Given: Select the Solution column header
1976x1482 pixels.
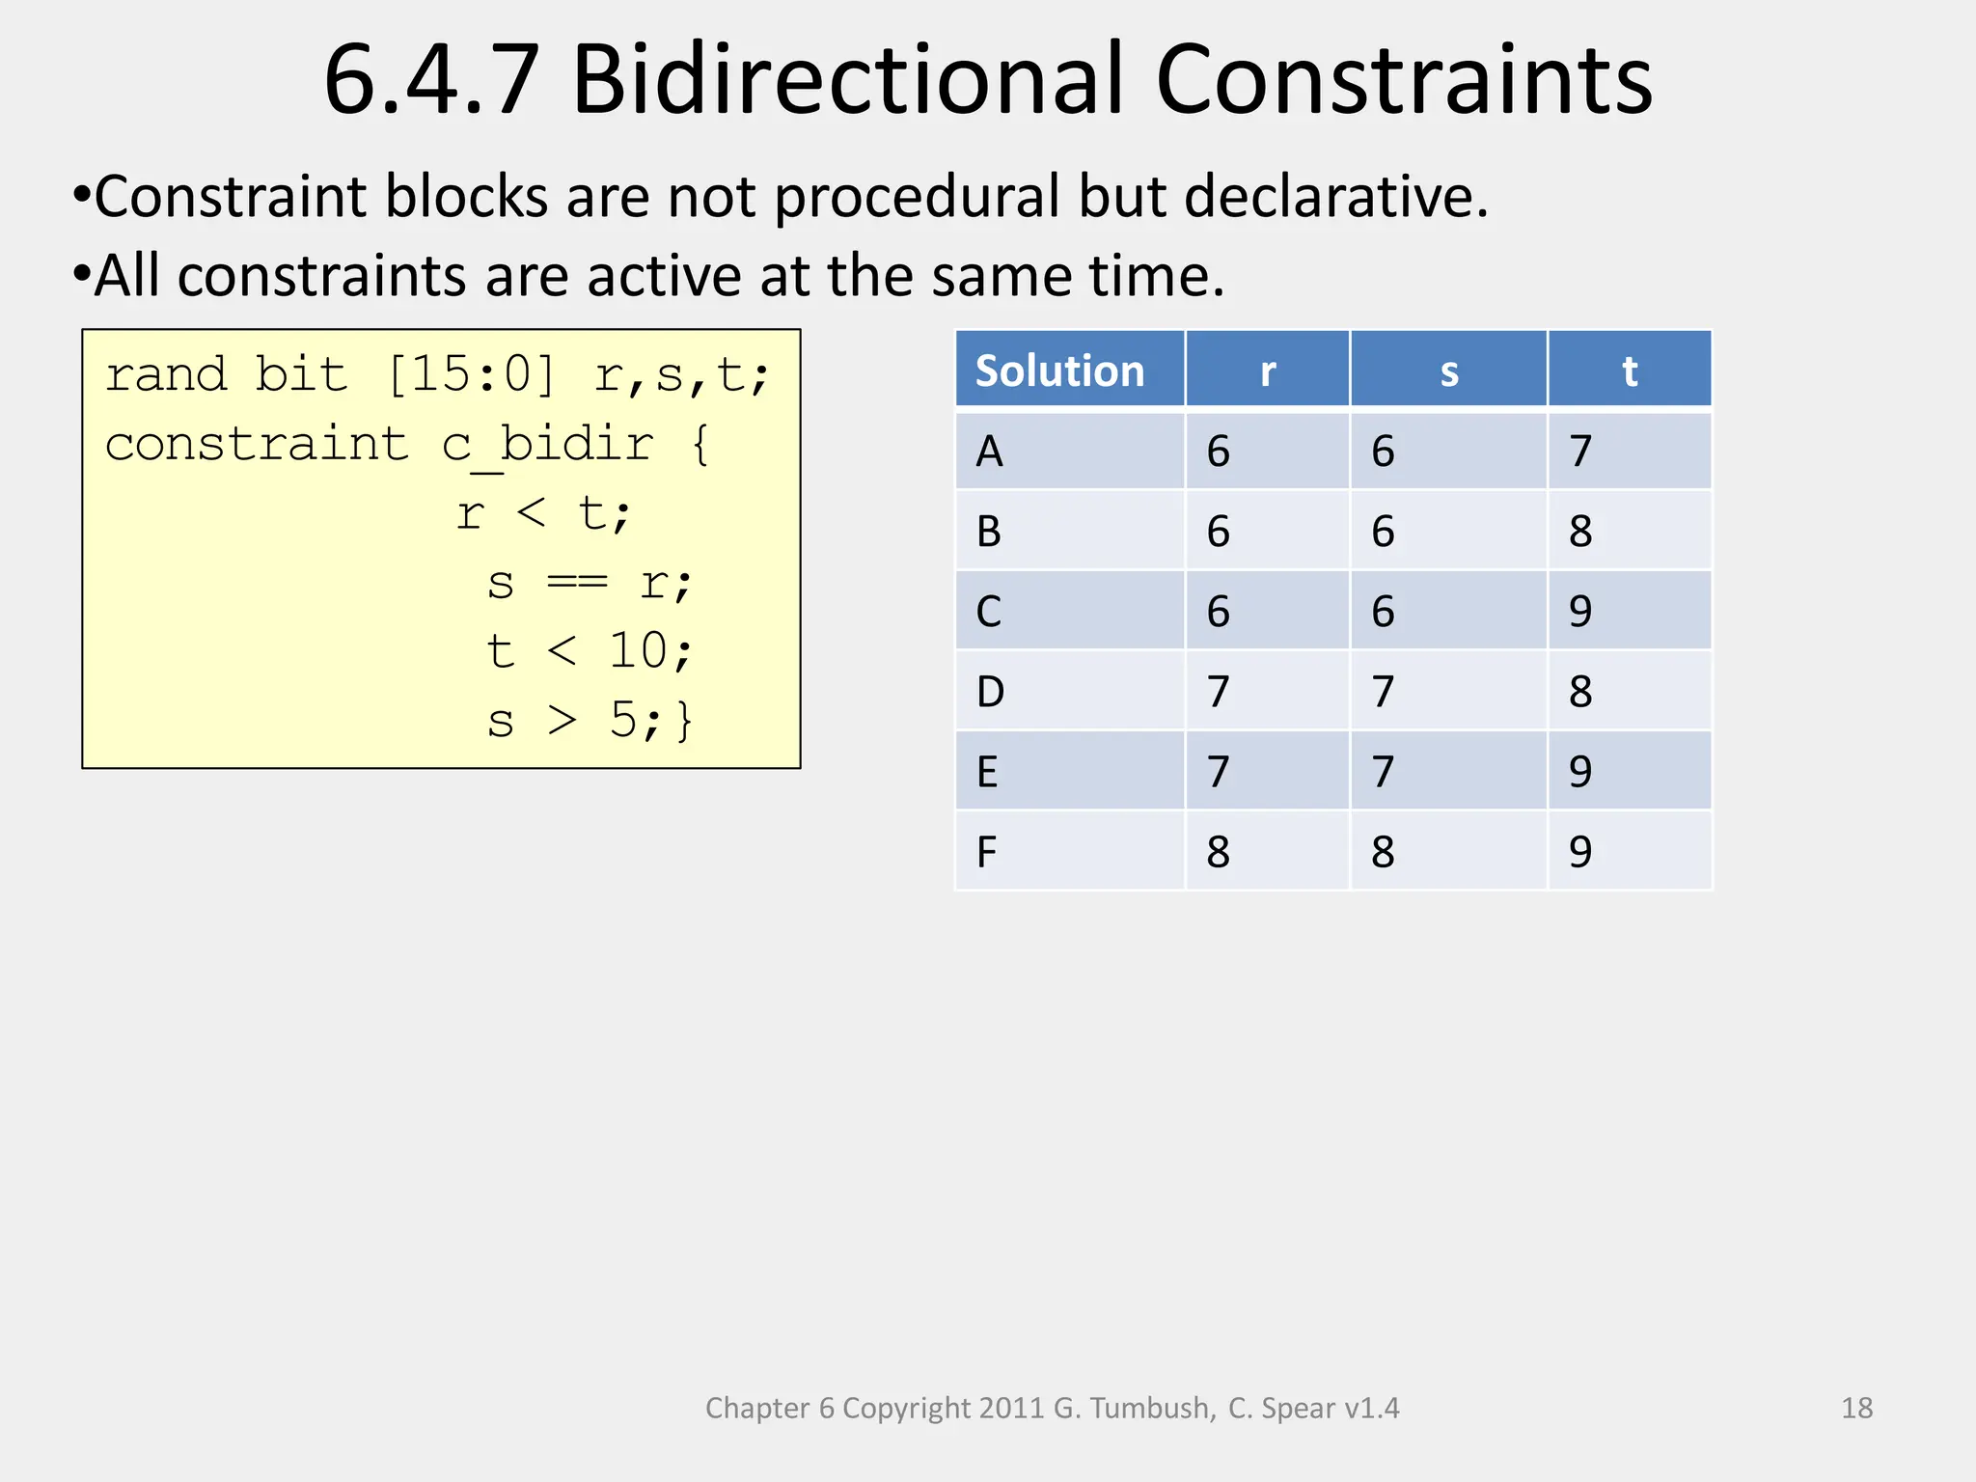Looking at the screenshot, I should click(x=1059, y=370).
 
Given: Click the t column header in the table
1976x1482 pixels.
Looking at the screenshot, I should click(x=1629, y=370).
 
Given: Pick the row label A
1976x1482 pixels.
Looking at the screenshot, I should click(x=989, y=452).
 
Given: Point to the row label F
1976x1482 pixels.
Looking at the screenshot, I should click(x=986, y=852).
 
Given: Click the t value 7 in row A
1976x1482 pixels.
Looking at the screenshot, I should click(x=1579, y=452).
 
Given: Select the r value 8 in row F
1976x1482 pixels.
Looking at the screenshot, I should click(x=1218, y=852).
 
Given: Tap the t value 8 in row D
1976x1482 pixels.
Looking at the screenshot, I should click(x=1579, y=692).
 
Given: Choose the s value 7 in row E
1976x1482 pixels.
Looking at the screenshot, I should click(x=1383, y=772).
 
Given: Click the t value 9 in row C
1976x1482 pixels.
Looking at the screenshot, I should click(x=1579, y=612).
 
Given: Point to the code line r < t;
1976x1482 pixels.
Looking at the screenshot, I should click(x=543, y=513).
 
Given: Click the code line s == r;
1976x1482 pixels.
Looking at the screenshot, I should click(x=590, y=583).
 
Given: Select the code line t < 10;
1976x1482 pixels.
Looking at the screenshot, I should click(x=590, y=651).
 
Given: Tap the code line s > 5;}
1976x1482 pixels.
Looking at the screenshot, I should click(x=590, y=721).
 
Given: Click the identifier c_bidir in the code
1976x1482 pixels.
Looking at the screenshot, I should click(x=547, y=445).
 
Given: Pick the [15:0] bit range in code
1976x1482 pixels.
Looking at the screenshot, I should click(x=471, y=374).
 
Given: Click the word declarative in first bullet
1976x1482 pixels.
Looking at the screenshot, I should click(x=1335, y=197).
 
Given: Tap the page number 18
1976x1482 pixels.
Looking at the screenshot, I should click(x=1856, y=1408).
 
